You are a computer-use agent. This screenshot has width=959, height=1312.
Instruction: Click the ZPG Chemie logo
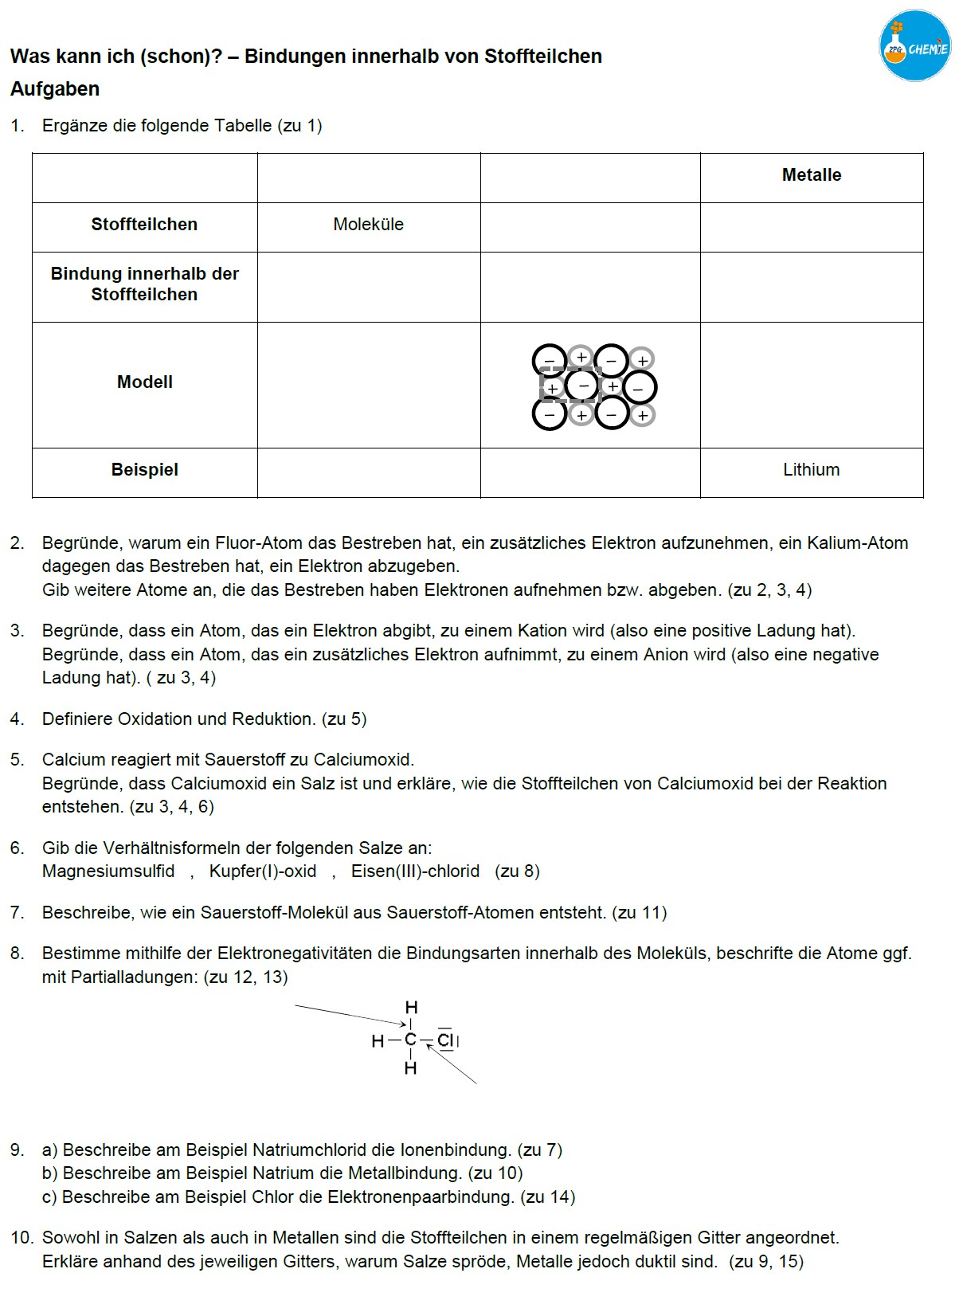(914, 45)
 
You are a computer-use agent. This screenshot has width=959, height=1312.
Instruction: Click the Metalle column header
(811, 175)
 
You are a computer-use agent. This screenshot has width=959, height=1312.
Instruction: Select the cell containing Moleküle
(368, 225)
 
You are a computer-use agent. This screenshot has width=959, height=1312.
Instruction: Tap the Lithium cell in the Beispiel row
(811, 470)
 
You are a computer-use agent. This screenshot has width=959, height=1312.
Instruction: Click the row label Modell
(145, 382)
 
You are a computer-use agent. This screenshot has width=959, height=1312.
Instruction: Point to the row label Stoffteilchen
(144, 225)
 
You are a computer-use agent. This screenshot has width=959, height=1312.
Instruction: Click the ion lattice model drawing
(593, 386)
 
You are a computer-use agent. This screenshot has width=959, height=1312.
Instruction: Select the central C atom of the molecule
(410, 1040)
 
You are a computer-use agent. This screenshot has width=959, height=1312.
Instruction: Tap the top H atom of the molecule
(411, 1008)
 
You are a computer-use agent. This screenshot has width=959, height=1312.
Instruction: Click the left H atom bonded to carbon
(378, 1041)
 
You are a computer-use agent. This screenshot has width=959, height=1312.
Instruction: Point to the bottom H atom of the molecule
(410, 1068)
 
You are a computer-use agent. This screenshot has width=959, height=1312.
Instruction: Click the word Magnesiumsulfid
(108, 871)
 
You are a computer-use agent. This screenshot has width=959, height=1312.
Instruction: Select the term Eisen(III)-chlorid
(415, 871)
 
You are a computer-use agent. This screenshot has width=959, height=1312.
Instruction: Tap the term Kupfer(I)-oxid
(263, 871)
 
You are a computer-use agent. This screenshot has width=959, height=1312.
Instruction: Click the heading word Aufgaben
(55, 89)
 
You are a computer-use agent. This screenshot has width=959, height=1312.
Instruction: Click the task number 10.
(21, 1238)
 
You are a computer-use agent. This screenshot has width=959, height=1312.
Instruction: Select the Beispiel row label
(145, 470)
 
